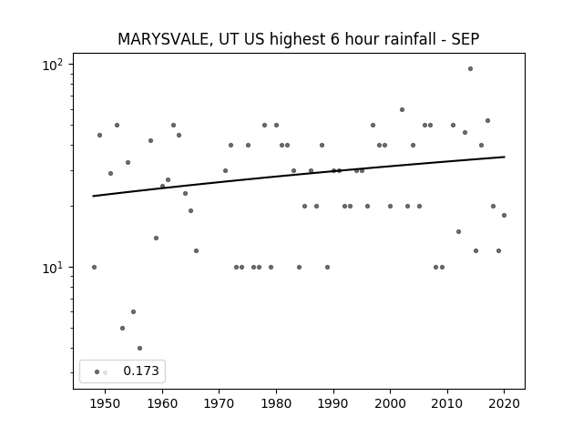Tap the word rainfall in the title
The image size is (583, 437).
[407, 39]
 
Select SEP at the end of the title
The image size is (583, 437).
[465, 39]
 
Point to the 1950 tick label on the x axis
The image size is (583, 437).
[106, 404]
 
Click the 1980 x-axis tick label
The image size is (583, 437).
[276, 404]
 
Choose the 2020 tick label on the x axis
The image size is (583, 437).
[504, 404]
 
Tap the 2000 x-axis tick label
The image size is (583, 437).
[390, 404]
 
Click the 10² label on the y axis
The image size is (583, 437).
[53, 65]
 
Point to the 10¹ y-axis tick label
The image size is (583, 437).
[53, 268]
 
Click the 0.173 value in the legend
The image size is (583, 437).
[141, 371]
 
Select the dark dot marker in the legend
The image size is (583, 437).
[97, 372]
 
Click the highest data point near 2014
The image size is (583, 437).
[470, 69]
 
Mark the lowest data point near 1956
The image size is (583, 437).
[139, 348]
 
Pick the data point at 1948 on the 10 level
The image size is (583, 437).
[94, 267]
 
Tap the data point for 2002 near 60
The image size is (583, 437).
[402, 109]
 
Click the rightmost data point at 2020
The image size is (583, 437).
[504, 215]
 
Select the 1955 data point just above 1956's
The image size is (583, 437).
[134, 311]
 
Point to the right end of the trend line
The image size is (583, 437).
[505, 157]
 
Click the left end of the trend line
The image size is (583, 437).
[93, 196]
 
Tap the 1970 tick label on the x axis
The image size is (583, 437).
[219, 404]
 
